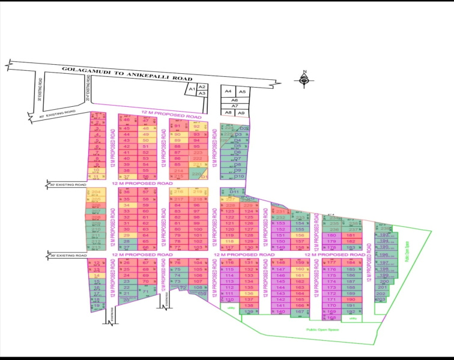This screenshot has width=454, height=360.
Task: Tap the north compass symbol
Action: [x=304, y=77]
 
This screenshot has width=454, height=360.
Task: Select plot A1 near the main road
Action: [x=192, y=89]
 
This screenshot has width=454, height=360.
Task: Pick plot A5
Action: [x=241, y=91]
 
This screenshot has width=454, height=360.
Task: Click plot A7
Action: [x=235, y=106]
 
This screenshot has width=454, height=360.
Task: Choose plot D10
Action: [x=239, y=176]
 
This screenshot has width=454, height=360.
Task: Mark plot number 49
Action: [x=145, y=134]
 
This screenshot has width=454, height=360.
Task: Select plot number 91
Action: [x=178, y=126]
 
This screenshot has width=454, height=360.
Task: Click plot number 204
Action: [x=96, y=193]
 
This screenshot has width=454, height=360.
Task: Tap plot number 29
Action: [x=126, y=235]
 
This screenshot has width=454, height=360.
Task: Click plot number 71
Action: [x=145, y=292]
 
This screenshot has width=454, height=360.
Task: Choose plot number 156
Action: [x=299, y=236]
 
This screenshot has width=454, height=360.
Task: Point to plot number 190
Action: [x=350, y=299]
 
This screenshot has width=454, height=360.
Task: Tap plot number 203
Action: [x=380, y=299]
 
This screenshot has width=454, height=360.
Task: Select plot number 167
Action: [x=299, y=312]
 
